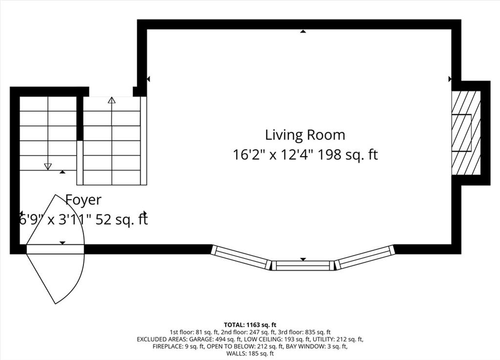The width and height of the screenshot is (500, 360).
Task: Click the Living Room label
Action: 305,135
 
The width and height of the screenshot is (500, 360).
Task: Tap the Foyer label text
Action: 83,200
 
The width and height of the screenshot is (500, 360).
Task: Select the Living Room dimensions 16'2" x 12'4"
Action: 272,155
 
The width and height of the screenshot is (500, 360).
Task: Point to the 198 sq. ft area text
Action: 348,155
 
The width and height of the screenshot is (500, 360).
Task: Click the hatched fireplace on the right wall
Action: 466,133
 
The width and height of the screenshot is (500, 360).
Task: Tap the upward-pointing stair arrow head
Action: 111,100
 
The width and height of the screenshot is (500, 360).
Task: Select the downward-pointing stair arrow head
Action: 48,166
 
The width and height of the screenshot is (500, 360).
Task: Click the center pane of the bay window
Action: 303,265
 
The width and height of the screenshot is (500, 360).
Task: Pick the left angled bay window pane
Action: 241,257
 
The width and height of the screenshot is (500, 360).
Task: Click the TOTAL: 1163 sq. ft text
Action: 250,325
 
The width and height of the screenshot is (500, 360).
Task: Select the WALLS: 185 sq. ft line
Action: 250,353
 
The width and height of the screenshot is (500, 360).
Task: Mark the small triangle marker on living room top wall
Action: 303,31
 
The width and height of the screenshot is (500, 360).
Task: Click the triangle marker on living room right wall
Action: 450,79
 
